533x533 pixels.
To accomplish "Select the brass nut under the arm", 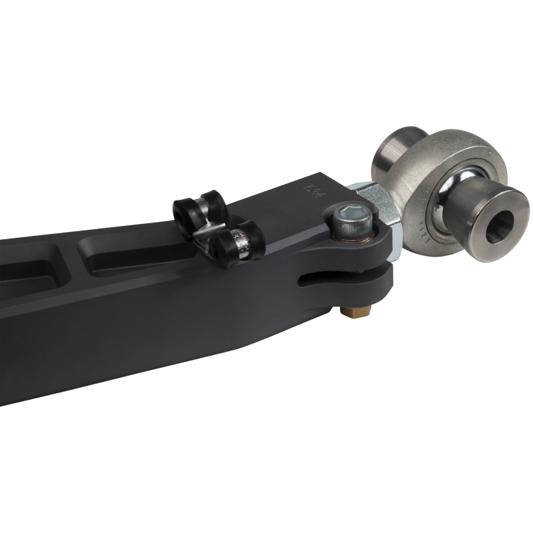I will [x=349, y=311].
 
